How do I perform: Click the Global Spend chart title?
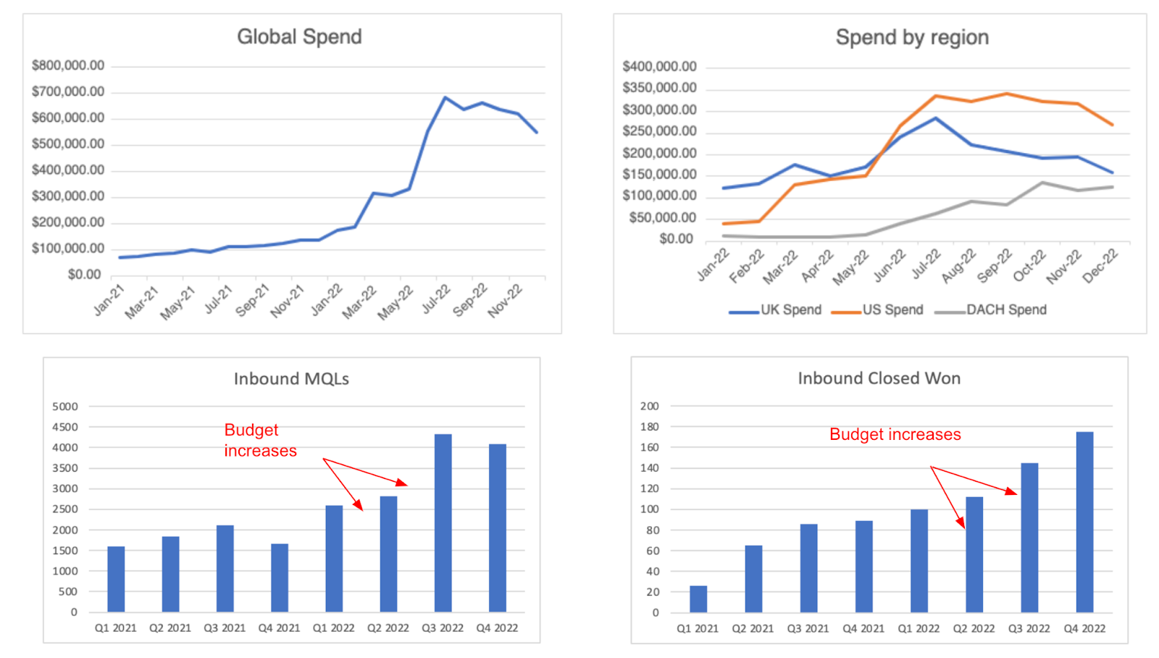pos(299,37)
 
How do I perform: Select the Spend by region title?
pos(912,38)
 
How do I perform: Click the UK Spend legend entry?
pos(790,310)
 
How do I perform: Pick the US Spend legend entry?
pos(892,310)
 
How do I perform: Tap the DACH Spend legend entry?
pos(1006,310)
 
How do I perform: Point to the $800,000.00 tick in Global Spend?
pos(68,66)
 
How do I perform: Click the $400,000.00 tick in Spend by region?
pos(659,67)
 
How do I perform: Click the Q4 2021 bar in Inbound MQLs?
pos(280,578)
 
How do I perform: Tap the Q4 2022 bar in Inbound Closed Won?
pos(1084,522)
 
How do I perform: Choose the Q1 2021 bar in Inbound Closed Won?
pos(698,599)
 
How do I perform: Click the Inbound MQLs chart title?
pos(291,379)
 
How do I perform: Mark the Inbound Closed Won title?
pos(879,378)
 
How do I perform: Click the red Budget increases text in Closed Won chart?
pos(895,435)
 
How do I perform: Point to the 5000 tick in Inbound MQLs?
pos(65,407)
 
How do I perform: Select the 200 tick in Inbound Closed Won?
pos(650,407)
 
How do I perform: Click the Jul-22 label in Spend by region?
pos(926,265)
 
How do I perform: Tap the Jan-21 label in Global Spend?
pos(109,300)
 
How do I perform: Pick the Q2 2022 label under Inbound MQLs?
pos(388,628)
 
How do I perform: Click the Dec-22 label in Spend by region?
pos(1100,266)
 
